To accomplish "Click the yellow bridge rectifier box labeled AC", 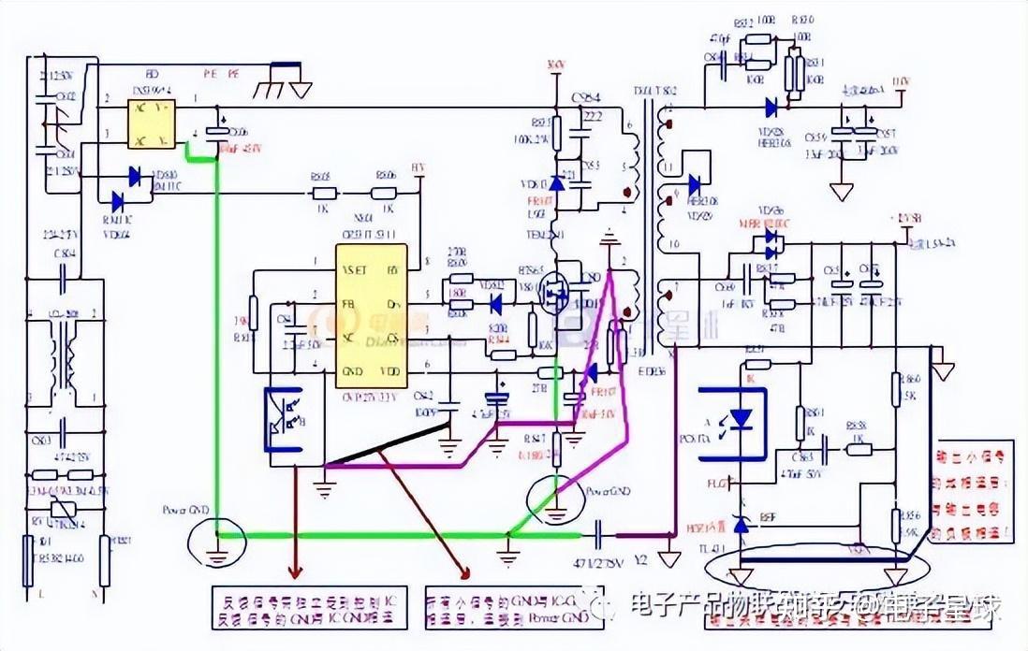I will click(152, 124).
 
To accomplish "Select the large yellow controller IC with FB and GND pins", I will click(372, 315).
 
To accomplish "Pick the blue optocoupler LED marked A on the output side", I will click(741, 417).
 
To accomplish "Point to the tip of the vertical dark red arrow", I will click(298, 573).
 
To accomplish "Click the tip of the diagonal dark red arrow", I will click(465, 573).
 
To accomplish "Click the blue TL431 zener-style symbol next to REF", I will click(742, 527).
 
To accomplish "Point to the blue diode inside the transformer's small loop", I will click(694, 185).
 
